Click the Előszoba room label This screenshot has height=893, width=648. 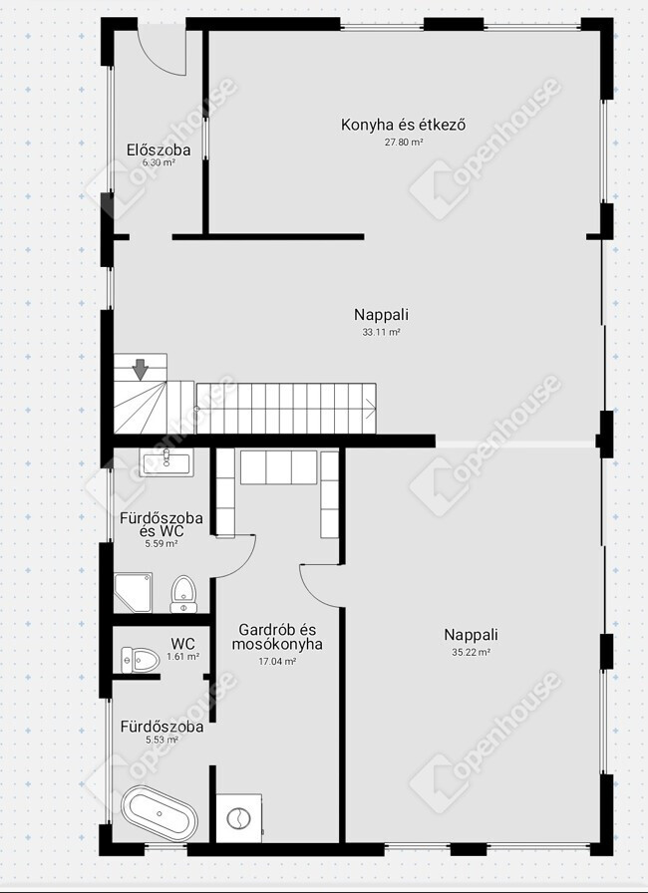pos(159,149)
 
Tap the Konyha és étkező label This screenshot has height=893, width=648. pos(403,125)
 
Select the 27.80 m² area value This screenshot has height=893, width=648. pos(404,143)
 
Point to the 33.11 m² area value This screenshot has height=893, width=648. pos(382,332)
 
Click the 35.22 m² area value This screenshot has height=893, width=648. pos(472,653)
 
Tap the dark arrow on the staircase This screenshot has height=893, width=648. pos(141,370)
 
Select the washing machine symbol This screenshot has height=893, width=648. pos(239,818)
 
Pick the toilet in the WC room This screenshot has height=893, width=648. pos(140,660)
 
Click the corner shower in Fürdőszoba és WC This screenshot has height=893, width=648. pos(133,593)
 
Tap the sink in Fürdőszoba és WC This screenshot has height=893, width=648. pos(166,461)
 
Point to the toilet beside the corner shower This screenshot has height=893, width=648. pos(183,594)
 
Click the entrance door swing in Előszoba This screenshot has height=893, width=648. pos(163,51)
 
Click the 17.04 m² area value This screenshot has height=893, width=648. pos(277,662)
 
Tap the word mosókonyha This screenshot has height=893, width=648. pos(277,644)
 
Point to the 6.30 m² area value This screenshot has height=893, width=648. pos(159,162)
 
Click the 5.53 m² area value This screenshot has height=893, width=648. pos(162,740)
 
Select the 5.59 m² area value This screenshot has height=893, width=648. pos(162,544)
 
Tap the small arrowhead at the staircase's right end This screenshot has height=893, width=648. pos(370,408)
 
